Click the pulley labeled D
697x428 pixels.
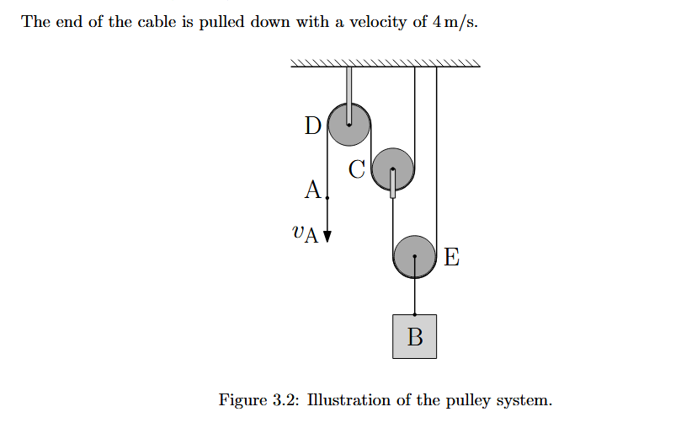348,124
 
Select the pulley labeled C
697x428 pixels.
392,169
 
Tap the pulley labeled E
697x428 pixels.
414,256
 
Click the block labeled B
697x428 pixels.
414,336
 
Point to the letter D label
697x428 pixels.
312,126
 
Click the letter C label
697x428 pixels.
357,170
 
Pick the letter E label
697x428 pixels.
451,258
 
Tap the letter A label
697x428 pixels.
312,190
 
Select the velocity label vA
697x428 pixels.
304,233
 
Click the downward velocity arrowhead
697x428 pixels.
327,235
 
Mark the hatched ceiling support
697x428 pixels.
385,62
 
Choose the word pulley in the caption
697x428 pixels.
478,400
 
